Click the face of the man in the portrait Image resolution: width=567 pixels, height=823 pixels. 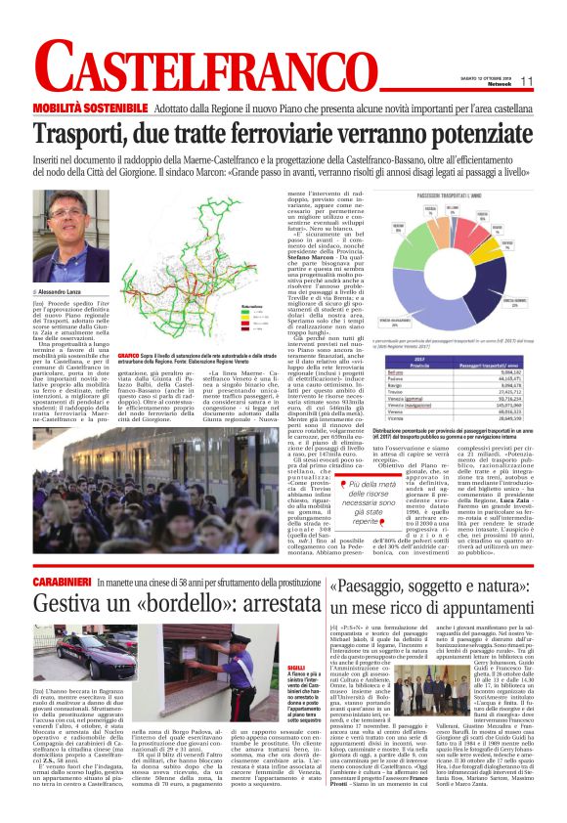click(x=67, y=240)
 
